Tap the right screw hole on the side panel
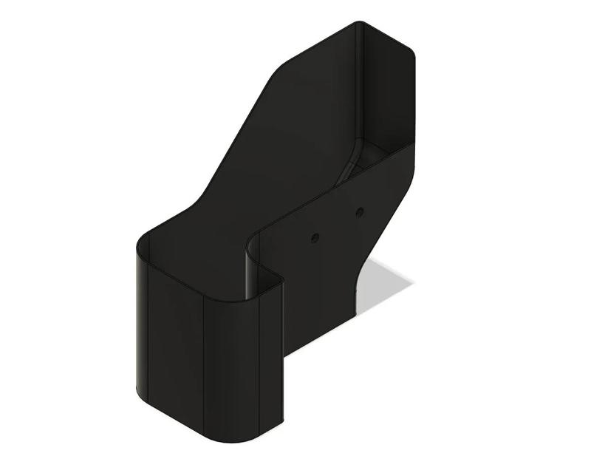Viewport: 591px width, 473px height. (x=359, y=213)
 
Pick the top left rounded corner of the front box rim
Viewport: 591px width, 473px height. (x=143, y=238)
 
